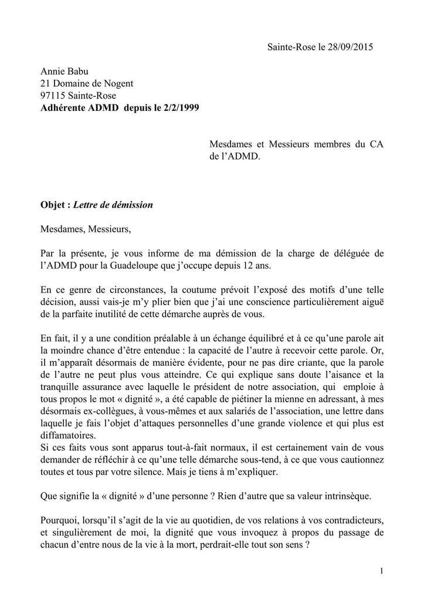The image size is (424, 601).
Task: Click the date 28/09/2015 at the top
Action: point(350,46)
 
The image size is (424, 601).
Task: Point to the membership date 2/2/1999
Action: point(179,108)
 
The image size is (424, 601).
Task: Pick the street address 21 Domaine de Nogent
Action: point(86,83)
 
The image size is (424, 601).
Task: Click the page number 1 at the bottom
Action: point(381,570)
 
